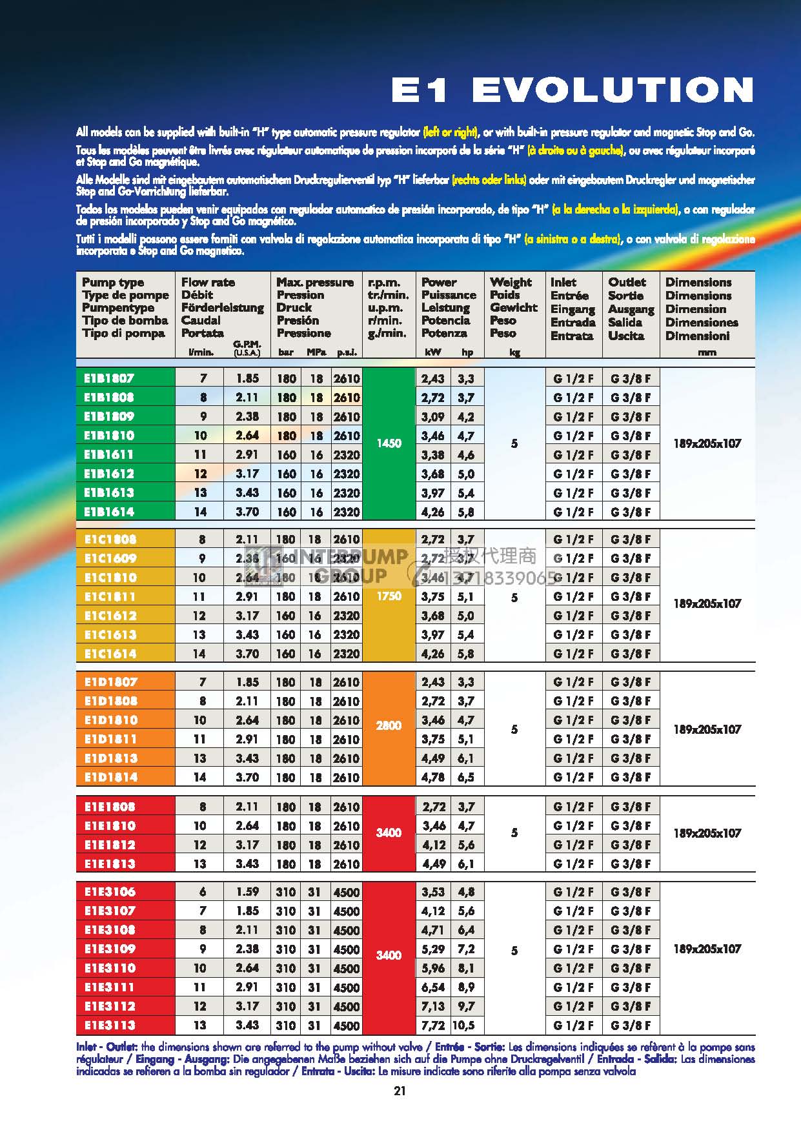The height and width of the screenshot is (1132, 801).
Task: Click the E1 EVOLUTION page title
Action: pyautogui.click(x=573, y=90)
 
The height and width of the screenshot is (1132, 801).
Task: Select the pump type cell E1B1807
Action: pyautogui.click(x=109, y=378)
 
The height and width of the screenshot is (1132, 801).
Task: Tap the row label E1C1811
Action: pyautogui.click(x=110, y=596)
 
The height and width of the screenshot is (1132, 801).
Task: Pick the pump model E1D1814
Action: pyautogui.click(x=110, y=777)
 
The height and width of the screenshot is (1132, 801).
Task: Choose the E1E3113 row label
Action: pyautogui.click(x=110, y=1025)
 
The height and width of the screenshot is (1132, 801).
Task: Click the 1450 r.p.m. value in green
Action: pyautogui.click(x=389, y=443)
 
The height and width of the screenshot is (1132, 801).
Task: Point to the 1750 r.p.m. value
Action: pyautogui.click(x=389, y=596)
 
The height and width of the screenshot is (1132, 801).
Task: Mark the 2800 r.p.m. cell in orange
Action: pyautogui.click(x=389, y=726)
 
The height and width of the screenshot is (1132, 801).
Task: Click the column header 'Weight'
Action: pyautogui.click(x=511, y=282)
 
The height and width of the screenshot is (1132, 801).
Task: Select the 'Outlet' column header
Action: pyautogui.click(x=627, y=282)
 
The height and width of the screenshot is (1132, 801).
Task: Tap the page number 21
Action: pyautogui.click(x=400, y=1091)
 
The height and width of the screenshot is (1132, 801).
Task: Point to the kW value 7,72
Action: pyautogui.click(x=433, y=1025)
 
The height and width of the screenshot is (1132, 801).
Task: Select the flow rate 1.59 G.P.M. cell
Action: pyautogui.click(x=247, y=891)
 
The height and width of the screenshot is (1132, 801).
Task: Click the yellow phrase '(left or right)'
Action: pyautogui.click(x=451, y=132)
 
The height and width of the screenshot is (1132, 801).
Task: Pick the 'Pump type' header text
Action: pyautogui.click(x=113, y=282)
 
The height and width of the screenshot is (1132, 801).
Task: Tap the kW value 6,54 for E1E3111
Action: pyautogui.click(x=433, y=987)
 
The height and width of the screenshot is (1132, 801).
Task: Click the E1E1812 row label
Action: pyautogui.click(x=110, y=845)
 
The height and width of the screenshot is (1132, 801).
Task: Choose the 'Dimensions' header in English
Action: pyautogui.click(x=698, y=282)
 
